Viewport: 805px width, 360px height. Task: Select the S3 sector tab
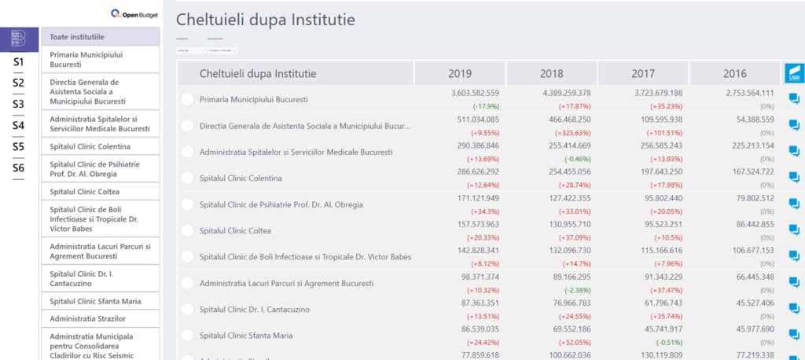(x=19, y=104)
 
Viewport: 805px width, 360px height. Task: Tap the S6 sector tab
(x=19, y=167)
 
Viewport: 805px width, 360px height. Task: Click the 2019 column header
(x=460, y=74)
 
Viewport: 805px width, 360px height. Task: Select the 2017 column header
(x=643, y=74)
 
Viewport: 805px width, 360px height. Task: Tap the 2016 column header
(x=734, y=74)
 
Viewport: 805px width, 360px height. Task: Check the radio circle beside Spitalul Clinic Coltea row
(x=187, y=230)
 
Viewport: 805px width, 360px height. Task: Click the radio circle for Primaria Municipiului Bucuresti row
(x=187, y=99)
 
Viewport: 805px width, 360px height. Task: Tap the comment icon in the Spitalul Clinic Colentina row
(x=794, y=178)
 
